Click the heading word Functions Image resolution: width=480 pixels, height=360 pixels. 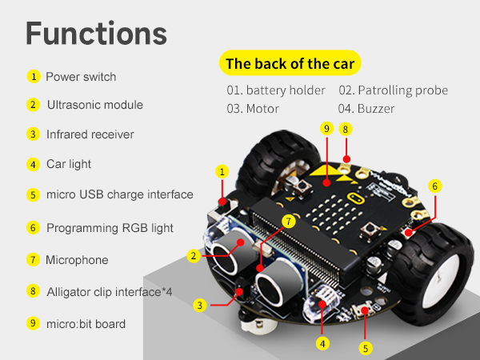pyautogui.click(x=96, y=34)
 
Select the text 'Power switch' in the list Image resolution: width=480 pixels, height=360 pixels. pyautogui.click(x=81, y=77)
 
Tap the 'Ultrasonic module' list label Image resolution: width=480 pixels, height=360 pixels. pyautogui.click(x=95, y=105)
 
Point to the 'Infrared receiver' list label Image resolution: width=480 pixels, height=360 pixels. pyautogui.click(x=90, y=134)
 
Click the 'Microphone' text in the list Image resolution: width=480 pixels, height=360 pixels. pyautogui.click(x=77, y=260)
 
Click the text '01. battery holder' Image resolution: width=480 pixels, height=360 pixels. pyautogui.click(x=276, y=90)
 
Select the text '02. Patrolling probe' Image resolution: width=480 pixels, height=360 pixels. pyautogui.click(x=393, y=90)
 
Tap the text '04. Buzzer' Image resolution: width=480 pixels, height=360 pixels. pyautogui.click(x=366, y=108)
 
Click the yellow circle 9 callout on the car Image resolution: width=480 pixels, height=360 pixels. pyautogui.click(x=325, y=128)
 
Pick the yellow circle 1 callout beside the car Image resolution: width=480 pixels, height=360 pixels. pyautogui.click(x=222, y=171)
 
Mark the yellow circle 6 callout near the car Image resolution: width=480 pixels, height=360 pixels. pyautogui.click(x=434, y=186)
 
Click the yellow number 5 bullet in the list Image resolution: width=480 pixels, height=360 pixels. pyautogui.click(x=33, y=194)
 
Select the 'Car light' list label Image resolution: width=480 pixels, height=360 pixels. pyautogui.click(x=69, y=164)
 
